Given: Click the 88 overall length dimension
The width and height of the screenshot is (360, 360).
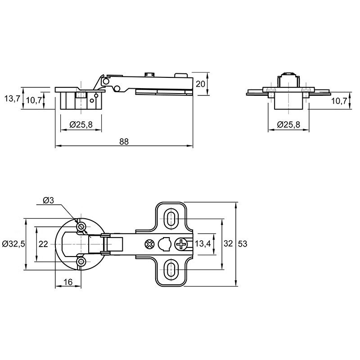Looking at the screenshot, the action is coord(124,142).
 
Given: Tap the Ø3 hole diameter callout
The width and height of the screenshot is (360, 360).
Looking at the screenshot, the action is coord(48,200).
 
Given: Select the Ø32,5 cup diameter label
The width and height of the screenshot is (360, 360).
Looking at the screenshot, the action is coord(13,244).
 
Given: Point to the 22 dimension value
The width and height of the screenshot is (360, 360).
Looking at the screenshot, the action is coord(43,244).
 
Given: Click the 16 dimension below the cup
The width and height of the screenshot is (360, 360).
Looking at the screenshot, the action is coord(68,282).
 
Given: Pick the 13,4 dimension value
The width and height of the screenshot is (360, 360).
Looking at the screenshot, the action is coord(203,243).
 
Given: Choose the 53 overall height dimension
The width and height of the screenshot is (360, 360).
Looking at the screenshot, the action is coord(243,243).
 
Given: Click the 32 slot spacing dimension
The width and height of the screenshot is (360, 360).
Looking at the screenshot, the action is coord(228,243).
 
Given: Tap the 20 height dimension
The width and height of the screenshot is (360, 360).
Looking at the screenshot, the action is coord(200,84).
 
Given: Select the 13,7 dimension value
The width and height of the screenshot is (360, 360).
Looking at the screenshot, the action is coord(12,99).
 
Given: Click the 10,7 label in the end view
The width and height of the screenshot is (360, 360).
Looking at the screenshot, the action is coord(339,100).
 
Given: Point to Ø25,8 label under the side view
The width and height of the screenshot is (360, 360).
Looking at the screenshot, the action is coord(81,125).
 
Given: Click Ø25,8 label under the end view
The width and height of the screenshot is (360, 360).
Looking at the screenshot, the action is coord(288,125).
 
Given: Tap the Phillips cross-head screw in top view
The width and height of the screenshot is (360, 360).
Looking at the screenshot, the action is coord(181,244).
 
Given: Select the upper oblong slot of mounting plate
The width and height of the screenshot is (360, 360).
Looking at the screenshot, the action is coord(170,219).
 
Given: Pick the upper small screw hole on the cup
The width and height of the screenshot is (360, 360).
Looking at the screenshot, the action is coord(81,227).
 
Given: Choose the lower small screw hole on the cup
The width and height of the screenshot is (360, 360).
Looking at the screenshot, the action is coord(81,261).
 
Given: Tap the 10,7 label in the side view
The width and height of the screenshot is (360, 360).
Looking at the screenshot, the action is coord(34,100).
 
